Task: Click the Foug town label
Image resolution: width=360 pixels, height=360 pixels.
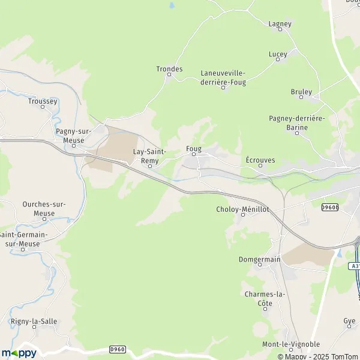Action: click(194, 148)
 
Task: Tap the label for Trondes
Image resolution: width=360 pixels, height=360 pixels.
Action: click(169, 69)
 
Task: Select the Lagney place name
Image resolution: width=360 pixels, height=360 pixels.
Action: click(280, 24)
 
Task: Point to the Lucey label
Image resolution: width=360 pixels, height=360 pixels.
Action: click(278, 54)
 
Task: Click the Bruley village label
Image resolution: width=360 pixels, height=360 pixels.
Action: click(301, 92)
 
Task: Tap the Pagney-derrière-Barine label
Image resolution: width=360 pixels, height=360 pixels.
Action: click(297, 123)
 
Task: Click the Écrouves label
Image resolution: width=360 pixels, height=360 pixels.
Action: click(260, 160)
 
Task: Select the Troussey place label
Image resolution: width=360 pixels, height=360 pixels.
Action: click(42, 101)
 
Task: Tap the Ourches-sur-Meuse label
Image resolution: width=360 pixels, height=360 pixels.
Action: click(44, 208)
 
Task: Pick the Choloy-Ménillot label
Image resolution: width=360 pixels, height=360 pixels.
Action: click(242, 209)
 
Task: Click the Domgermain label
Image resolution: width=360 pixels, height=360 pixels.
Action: click(263, 260)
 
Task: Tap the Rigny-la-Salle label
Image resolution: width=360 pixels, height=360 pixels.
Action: click(34, 322)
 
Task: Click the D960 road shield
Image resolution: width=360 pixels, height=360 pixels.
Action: click(118, 349)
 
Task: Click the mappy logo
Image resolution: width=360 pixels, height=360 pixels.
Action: click(19, 353)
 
